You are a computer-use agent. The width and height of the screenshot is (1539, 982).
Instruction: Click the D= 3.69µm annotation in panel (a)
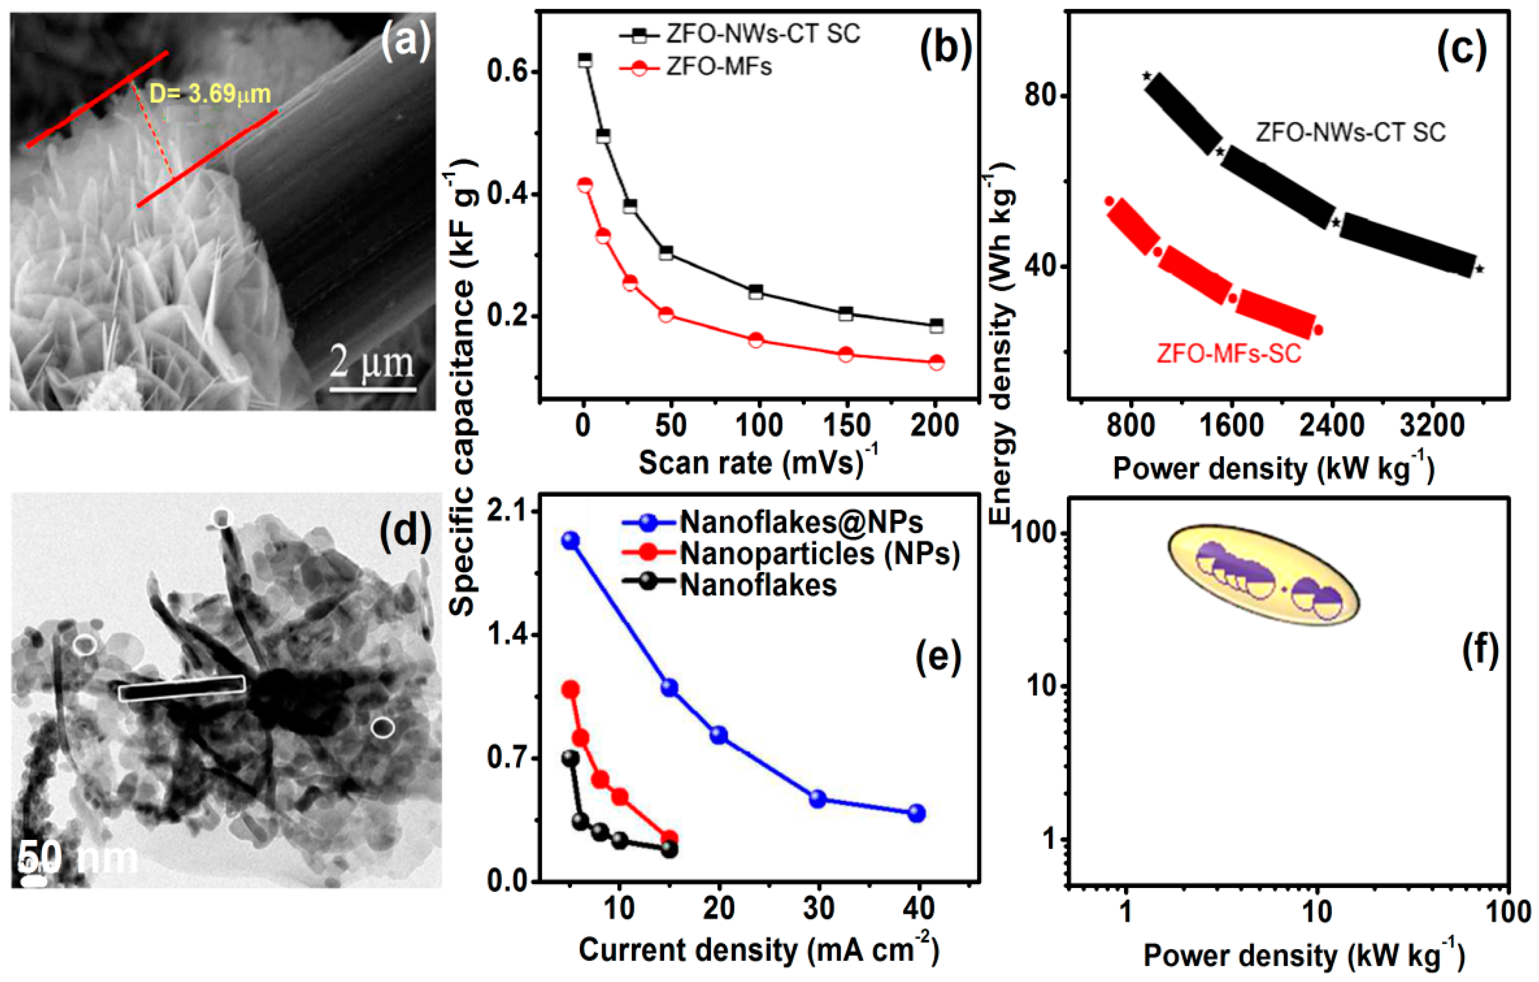pos(210,94)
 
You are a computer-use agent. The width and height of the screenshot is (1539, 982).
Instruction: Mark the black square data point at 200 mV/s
pos(936,326)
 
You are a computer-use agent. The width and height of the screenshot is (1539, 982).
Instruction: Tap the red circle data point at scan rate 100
pos(755,340)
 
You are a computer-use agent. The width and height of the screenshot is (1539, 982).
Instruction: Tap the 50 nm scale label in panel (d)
pos(77,857)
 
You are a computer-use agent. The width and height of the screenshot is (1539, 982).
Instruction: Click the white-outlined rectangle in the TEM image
pos(182,688)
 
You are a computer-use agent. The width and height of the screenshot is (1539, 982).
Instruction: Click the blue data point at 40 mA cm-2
pos(917,813)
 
